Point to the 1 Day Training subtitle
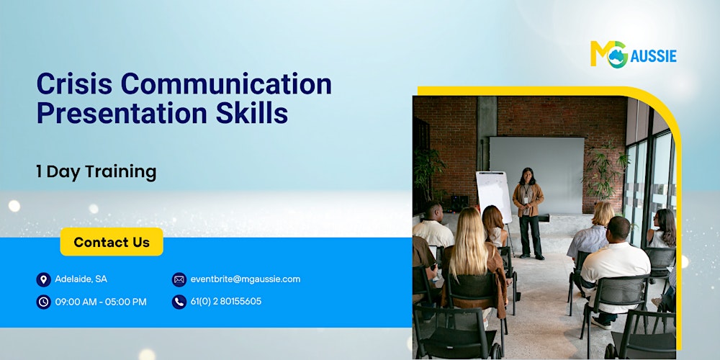point(96,171)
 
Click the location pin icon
point(43,279)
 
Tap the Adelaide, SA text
point(81,279)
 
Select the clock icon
point(43,302)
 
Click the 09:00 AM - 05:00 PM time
point(100,302)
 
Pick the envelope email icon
point(179,279)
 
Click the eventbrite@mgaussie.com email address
point(245,279)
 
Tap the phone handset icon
point(179,302)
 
